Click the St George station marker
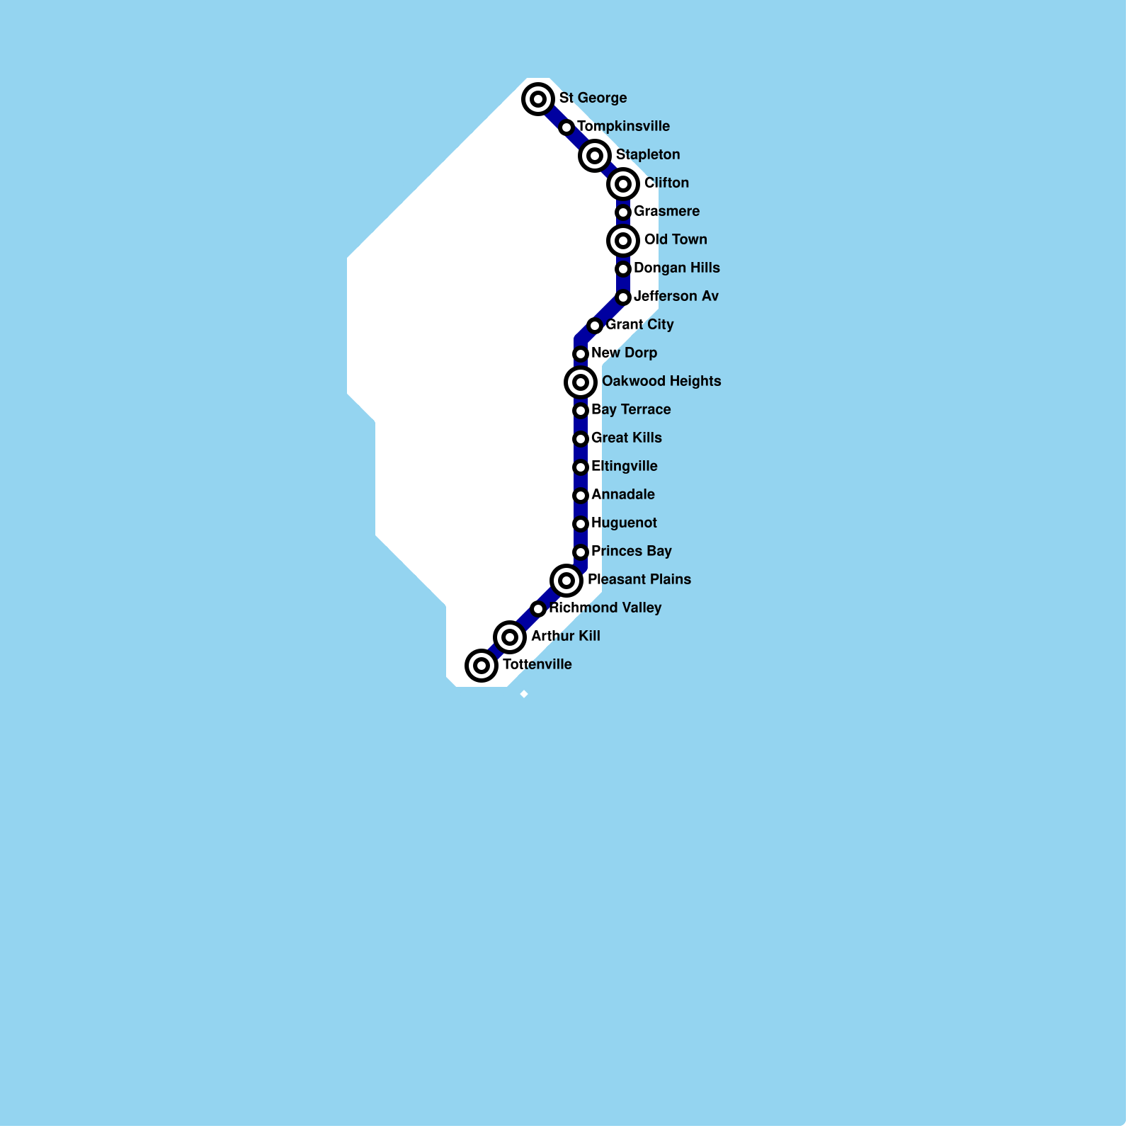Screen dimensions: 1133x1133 point(538,98)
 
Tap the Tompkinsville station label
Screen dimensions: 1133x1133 point(623,126)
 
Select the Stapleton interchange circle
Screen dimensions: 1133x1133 point(595,155)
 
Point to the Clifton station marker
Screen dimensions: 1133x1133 point(623,184)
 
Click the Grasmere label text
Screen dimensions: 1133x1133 point(666,211)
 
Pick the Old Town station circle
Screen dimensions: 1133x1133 point(623,241)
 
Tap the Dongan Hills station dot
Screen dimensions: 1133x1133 point(623,269)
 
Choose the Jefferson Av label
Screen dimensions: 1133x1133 point(676,296)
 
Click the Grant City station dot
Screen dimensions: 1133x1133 point(595,326)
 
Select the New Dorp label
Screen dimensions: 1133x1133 point(624,353)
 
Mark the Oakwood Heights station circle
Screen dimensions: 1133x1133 point(581,382)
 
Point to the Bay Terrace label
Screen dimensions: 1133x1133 point(631,409)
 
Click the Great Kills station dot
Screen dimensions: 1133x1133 point(581,439)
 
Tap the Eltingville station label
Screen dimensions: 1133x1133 point(624,466)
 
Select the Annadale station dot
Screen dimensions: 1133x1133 point(581,496)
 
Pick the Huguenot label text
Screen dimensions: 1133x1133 point(624,523)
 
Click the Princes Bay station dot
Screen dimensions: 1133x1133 point(581,552)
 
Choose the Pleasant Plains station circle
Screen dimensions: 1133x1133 point(566,581)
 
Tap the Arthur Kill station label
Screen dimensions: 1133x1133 point(565,636)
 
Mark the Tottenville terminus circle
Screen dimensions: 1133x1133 point(482,666)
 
